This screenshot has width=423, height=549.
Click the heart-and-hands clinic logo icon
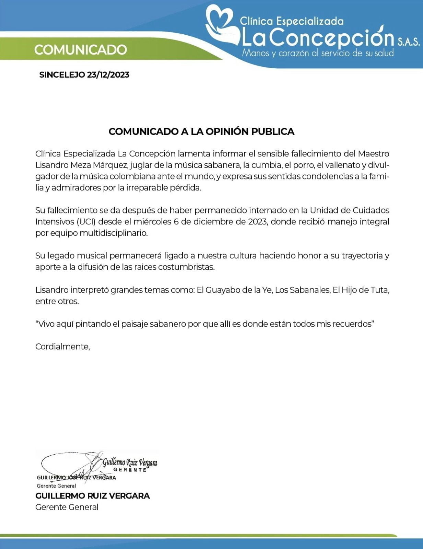click(222, 26)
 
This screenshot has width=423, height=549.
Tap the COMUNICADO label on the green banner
click(80, 50)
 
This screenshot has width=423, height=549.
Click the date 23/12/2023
click(108, 75)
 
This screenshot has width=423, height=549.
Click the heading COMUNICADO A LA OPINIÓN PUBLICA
click(201, 131)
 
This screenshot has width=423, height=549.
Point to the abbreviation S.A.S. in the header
click(409, 42)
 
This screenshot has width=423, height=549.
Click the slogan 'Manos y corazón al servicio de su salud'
click(318, 53)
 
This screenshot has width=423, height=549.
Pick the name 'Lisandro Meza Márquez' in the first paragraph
click(81, 165)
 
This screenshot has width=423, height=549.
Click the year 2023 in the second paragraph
click(258, 222)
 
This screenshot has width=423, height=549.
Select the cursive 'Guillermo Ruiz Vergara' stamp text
click(130, 463)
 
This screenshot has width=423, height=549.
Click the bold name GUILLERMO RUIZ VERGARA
click(93, 496)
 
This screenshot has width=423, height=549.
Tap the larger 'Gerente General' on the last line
click(67, 507)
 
